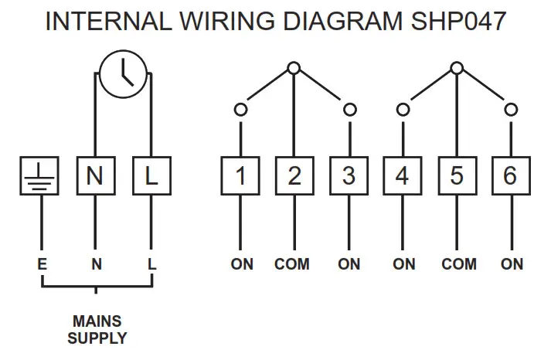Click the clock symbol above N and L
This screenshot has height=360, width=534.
(124, 76)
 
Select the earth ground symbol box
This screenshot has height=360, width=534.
(39, 176)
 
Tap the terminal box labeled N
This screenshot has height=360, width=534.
(95, 176)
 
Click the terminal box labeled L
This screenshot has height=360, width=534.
(151, 176)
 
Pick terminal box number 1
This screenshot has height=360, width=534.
(241, 176)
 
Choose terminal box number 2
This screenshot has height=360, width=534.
(294, 176)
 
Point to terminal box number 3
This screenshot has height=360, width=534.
(349, 176)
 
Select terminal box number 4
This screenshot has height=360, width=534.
(403, 176)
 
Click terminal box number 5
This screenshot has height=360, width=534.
(457, 176)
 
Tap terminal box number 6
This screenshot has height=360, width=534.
(510, 176)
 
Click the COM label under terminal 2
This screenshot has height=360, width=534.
(292, 264)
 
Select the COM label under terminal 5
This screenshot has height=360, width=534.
(459, 264)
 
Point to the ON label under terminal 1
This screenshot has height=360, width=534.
(242, 264)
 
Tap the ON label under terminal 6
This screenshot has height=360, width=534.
(512, 264)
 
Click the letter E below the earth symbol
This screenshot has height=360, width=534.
(42, 264)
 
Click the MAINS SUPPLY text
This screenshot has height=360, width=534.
(97, 329)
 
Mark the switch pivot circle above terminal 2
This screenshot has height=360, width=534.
(293, 69)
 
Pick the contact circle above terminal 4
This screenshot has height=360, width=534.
(403, 110)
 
